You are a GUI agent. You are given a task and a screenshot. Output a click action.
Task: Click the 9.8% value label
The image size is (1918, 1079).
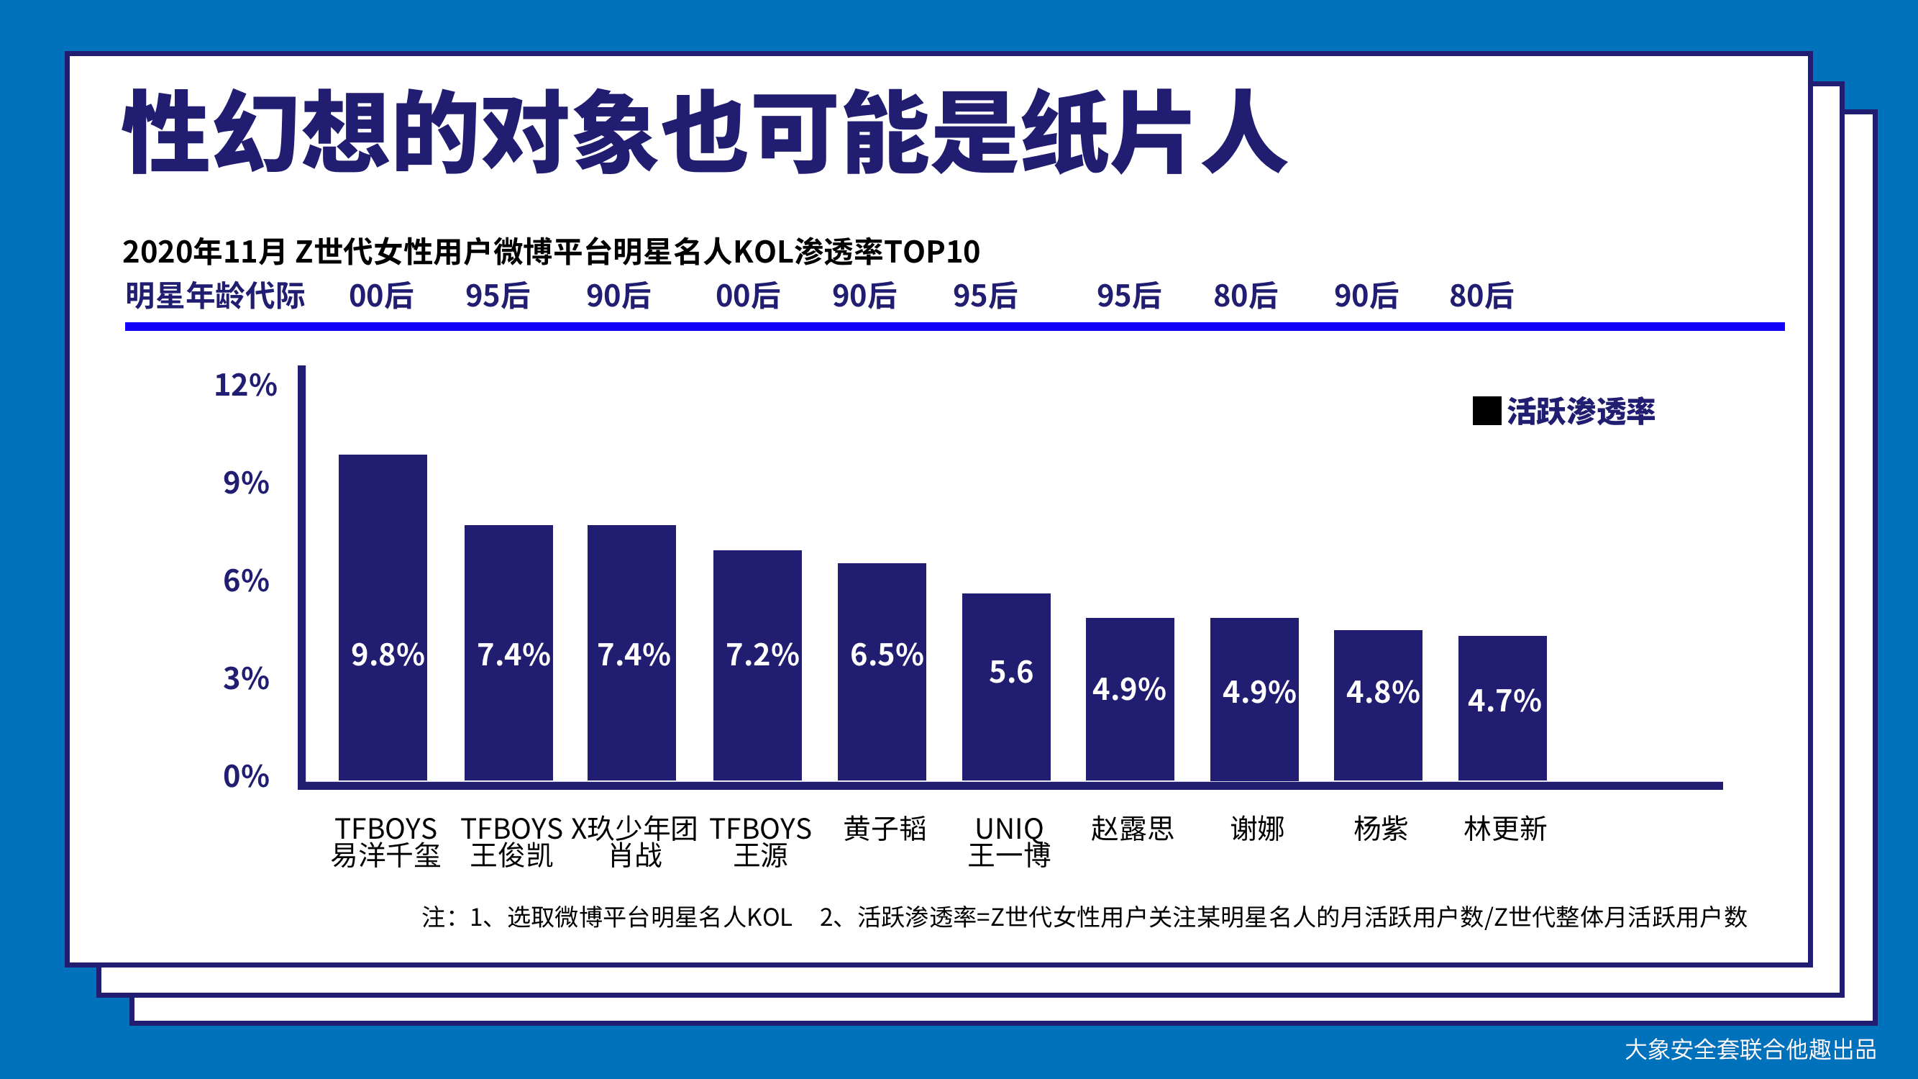pos(387,655)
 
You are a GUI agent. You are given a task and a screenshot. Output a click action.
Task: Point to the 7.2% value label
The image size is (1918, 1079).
pos(762,655)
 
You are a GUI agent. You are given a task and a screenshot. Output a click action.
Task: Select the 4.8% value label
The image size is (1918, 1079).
pos(1382,692)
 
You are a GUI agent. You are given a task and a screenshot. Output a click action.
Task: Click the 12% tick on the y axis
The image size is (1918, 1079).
pos(245,385)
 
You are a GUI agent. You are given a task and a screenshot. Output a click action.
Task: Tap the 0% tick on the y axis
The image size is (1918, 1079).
pos(246,776)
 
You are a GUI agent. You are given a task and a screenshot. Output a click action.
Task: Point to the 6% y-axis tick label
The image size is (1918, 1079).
pos(246,581)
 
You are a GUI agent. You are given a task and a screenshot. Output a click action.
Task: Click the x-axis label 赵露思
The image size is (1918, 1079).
pos(1132,828)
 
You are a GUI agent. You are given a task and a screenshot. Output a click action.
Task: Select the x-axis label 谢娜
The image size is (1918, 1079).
pos(1257,828)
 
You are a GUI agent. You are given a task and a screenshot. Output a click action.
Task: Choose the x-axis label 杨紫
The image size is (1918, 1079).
pos(1380,828)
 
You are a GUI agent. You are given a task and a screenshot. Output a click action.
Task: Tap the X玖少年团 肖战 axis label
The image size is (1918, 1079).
pos(634,842)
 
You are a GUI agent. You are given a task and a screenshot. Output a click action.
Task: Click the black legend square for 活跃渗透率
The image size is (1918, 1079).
pos(1487,411)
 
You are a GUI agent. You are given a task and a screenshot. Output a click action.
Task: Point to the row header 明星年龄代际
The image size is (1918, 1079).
pos(215,296)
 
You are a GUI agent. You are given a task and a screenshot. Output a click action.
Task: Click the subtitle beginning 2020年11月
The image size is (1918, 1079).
pos(551,252)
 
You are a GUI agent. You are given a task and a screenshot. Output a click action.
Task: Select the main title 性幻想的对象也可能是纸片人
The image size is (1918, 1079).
pos(703,132)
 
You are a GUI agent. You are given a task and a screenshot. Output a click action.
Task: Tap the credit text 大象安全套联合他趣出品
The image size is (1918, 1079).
pos(1750,1050)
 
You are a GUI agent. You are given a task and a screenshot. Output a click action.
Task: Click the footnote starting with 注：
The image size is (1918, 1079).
pos(1083,916)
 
